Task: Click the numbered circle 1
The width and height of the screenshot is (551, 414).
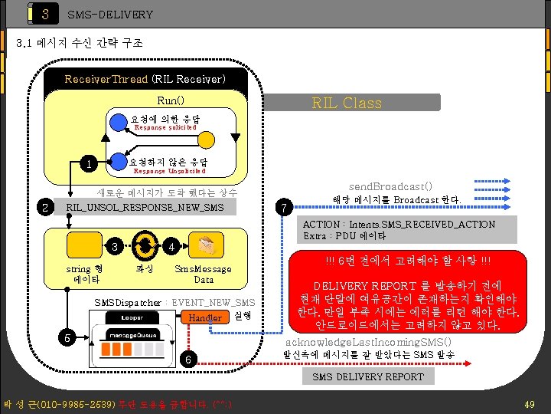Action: coord(90,163)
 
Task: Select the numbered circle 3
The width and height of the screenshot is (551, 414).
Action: coord(114,247)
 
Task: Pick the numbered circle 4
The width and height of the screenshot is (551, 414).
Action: coord(171,247)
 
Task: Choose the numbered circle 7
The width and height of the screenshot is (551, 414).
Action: coord(284,208)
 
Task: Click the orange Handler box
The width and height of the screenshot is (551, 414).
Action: coord(204,317)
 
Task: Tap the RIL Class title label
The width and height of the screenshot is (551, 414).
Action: coord(347,103)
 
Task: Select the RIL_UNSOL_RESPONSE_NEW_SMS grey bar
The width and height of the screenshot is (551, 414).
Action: coord(145,208)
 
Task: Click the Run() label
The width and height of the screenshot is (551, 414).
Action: coord(170,100)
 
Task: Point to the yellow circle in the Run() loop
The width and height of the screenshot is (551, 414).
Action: coord(207,140)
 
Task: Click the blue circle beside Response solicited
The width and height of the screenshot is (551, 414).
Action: coord(117,120)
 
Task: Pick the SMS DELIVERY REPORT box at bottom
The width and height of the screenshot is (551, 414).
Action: coord(367,376)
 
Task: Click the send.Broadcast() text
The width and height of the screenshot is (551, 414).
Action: coord(390,186)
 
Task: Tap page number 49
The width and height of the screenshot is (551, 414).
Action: coord(529,403)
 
